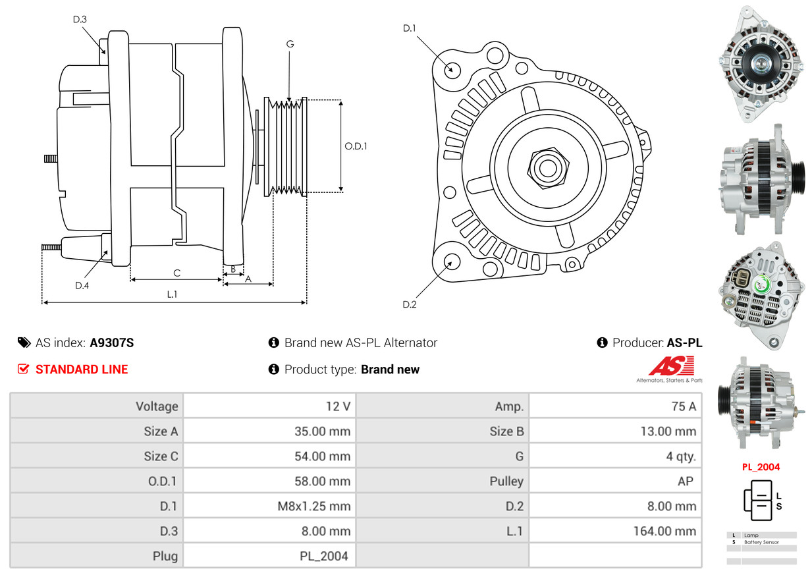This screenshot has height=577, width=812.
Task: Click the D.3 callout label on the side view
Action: [80, 19]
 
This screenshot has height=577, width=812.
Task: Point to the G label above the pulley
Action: [290, 44]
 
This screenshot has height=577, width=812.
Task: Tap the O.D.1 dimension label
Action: [356, 146]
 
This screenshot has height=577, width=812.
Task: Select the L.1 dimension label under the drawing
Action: [172, 294]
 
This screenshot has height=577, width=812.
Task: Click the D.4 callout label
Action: [82, 285]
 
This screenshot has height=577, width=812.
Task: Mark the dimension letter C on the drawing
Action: [176, 273]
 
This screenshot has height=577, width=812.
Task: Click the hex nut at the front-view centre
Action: [546, 167]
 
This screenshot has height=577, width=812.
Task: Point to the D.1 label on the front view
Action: [410, 28]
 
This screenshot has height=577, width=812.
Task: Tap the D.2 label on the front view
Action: [410, 304]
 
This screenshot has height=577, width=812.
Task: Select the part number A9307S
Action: [112, 343]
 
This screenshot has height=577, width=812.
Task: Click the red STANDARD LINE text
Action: [82, 370]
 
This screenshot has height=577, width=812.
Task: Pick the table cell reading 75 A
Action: [684, 406]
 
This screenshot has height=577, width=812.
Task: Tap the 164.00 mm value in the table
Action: [665, 531]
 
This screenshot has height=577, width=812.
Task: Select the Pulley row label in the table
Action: [506, 481]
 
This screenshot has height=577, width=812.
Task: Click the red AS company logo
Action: [671, 366]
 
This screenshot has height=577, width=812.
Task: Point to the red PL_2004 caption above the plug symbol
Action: [761, 467]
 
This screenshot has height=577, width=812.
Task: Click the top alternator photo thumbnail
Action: [762, 64]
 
